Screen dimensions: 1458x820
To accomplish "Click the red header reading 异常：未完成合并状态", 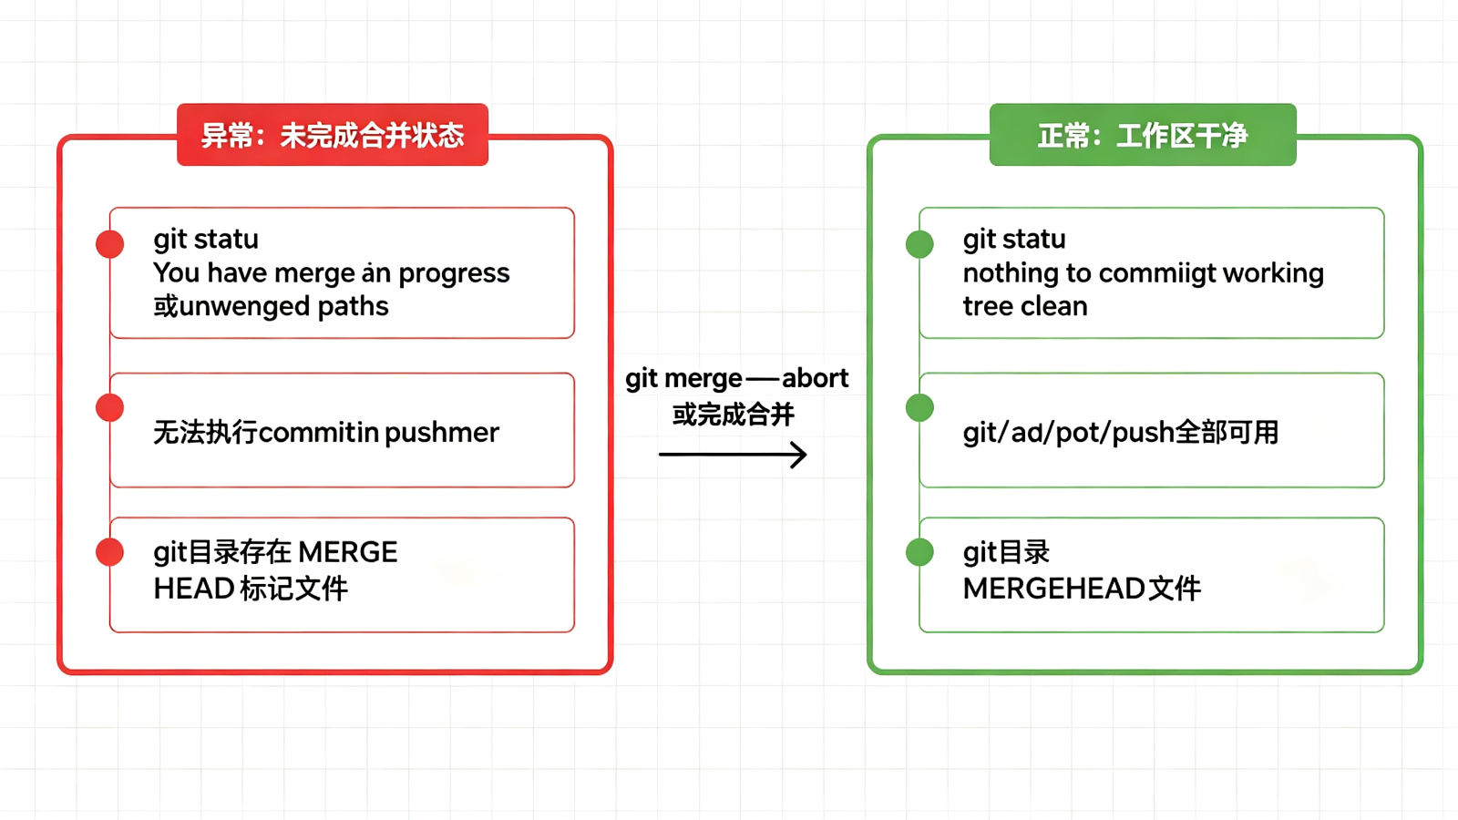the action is point(333,135).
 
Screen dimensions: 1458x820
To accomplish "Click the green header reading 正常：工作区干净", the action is point(1143,135).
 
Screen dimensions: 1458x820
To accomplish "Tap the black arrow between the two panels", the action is point(733,455).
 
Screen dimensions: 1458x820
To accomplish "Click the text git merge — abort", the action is point(737,379).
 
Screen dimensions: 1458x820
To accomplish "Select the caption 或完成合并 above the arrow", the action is point(734,415).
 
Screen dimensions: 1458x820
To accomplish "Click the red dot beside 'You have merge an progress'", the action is point(110,244).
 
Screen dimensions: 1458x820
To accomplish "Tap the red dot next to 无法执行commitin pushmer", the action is point(110,408).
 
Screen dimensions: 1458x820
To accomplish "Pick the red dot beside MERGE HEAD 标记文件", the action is point(110,552).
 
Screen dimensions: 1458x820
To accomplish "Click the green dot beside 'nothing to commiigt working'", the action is point(919,244).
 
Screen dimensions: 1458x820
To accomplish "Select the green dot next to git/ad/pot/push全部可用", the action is point(919,408).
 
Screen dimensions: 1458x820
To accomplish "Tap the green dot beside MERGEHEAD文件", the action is point(919,552).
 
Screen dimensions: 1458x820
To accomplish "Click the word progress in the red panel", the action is point(455,274).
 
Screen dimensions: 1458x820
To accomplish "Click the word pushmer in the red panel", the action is point(442,433).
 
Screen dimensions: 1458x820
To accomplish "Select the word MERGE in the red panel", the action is point(347,552).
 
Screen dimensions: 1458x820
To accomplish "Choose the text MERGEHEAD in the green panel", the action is point(1053,589).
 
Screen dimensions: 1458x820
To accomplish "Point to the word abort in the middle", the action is point(815,378).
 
